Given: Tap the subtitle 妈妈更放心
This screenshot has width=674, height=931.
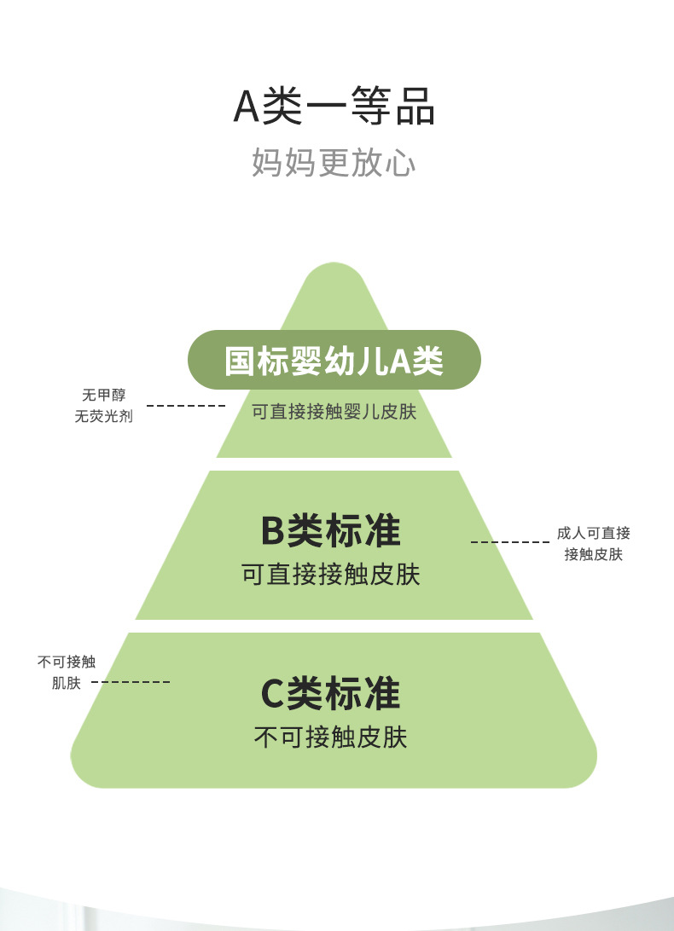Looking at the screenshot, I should coord(334,163).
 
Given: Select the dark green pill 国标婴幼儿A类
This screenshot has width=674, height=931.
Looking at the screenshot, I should coord(334,360).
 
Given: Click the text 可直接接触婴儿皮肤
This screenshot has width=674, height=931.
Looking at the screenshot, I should coord(334,412).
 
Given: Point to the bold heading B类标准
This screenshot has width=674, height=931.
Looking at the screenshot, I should coord(330,530).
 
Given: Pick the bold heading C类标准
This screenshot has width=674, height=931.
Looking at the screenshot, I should coord(330,693).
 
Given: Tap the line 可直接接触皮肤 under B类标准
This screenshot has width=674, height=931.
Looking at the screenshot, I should coord(330,574).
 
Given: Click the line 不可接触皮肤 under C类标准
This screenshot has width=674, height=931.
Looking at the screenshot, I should coord(330,737).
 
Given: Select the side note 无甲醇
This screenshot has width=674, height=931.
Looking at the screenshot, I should coord(103,396).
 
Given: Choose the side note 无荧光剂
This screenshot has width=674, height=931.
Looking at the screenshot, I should coord(103,417).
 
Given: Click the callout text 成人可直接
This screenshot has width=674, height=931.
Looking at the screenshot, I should coord(594,534).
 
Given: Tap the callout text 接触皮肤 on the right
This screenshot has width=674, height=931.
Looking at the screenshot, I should coord(594,555).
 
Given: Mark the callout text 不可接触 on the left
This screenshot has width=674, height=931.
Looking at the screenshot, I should coord(67,662).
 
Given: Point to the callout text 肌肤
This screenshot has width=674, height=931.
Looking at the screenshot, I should coord(67,683).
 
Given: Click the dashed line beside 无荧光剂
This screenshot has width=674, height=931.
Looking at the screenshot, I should coord(185,406).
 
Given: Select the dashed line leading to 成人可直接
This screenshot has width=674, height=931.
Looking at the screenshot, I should coord(510,542).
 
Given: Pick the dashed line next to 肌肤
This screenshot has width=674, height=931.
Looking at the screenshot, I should coord(131,682).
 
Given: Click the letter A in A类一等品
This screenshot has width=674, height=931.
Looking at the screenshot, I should coord(246,107).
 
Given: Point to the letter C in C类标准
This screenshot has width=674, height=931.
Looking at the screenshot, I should coord(271,694).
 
